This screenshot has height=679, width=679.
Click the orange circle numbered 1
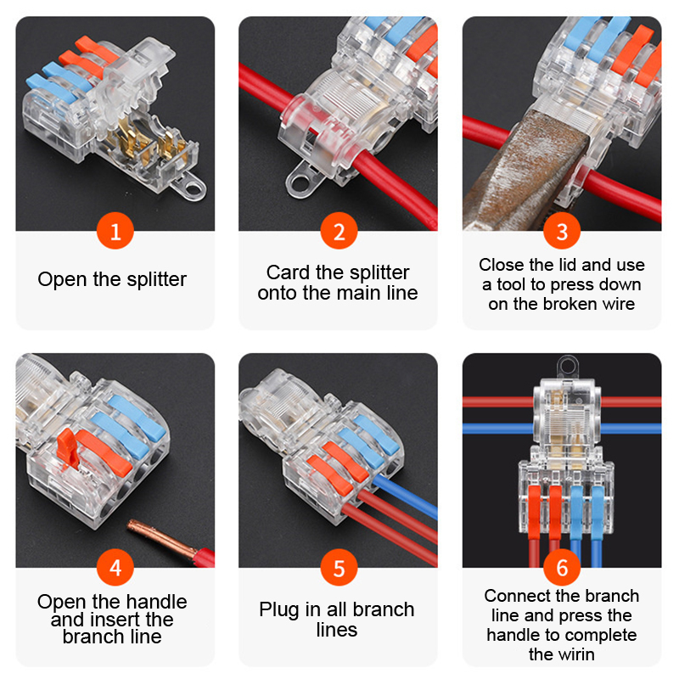click(115, 231)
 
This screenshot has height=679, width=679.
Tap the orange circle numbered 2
click(339, 231)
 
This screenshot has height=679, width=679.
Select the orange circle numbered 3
click(562, 231)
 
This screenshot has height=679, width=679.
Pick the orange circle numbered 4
click(115, 567)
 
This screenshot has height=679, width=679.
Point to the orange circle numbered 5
click(339, 567)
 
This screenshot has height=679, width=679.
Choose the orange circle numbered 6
click(562, 567)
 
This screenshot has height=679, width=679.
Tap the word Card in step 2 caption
click(288, 272)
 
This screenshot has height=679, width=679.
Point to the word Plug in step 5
click(280, 610)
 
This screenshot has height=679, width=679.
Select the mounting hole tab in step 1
click(188, 187)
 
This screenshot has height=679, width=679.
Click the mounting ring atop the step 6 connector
click(568, 367)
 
